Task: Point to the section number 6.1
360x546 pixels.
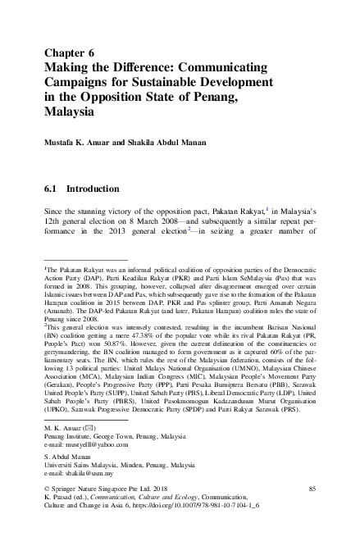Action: pyautogui.click(x=53, y=189)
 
